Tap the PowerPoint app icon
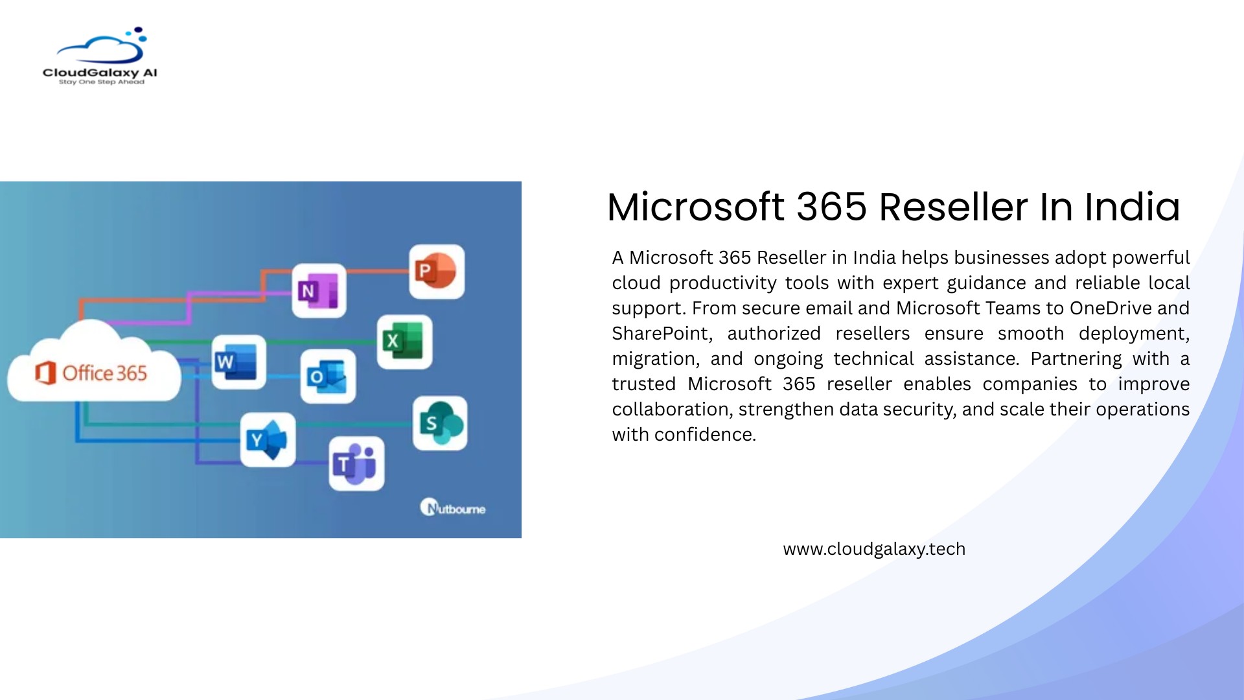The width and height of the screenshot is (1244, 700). [437, 272]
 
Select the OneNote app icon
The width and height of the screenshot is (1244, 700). [319, 291]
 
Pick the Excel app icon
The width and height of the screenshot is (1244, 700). [404, 342]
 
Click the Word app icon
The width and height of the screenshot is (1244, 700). [238, 362]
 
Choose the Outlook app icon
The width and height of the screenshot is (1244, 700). [328, 377]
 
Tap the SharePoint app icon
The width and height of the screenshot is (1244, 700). [440, 423]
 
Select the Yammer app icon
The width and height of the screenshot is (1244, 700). [268, 440]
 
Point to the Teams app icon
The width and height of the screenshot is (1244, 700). [356, 463]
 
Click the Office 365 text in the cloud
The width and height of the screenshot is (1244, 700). [104, 373]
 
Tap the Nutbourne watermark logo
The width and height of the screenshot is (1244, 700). [453, 507]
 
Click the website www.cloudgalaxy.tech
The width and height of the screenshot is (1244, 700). [874, 549]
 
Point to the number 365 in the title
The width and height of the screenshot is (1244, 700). [832, 207]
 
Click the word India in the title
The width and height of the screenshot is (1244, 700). [1132, 207]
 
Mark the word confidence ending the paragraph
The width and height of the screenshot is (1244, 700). [705, 434]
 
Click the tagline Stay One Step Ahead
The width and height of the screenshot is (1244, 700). [102, 82]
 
